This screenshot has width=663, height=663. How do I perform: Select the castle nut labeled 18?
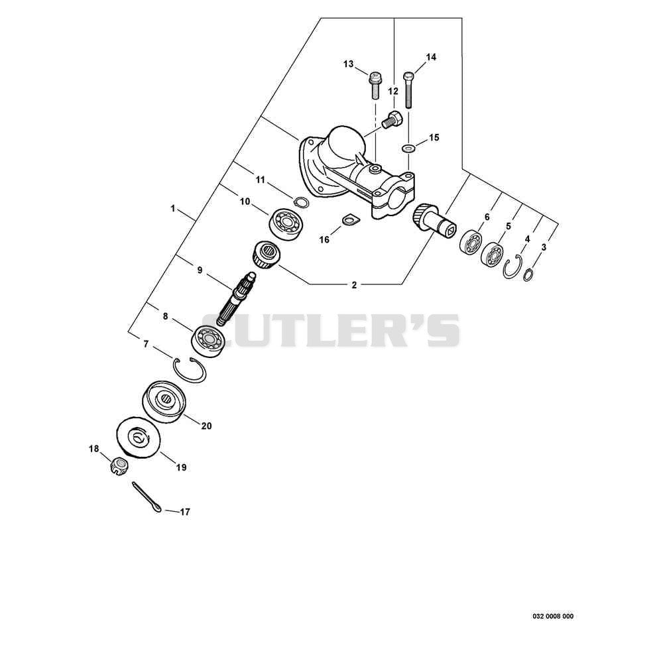pyautogui.click(x=119, y=466)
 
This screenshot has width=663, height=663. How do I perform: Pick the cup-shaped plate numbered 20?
pyautogui.click(x=164, y=402)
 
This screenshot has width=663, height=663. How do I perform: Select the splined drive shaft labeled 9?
pyautogui.click(x=237, y=298)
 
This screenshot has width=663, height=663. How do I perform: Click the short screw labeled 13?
pyautogui.click(x=374, y=86)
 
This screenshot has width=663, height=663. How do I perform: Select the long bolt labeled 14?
pyautogui.click(x=408, y=90)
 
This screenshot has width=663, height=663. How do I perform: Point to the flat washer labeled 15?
pyautogui.click(x=408, y=149)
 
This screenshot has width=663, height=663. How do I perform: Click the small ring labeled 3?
pyautogui.click(x=528, y=274)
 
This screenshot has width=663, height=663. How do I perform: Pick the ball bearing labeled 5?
pyautogui.click(x=492, y=255)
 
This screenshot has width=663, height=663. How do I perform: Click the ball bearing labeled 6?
pyautogui.click(x=470, y=242)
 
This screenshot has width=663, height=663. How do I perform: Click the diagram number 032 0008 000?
pyautogui.click(x=553, y=617)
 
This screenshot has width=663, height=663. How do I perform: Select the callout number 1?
pyautogui.click(x=172, y=208)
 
